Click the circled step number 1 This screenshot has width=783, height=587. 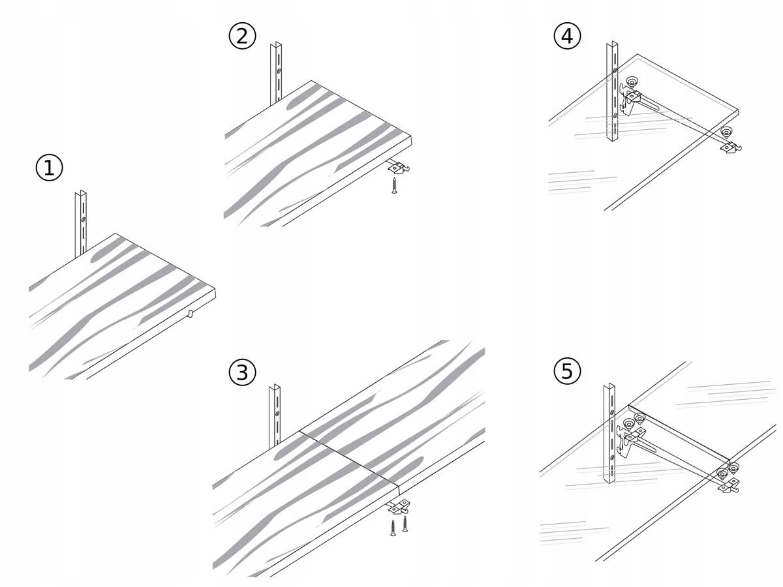point(49,168)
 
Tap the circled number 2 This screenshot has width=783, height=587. point(242,37)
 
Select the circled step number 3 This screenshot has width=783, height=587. point(242,372)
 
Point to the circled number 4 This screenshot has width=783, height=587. point(567,37)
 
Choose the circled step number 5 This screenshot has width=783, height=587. point(567,371)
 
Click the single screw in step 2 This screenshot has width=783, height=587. point(394,185)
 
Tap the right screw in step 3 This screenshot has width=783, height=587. point(405,523)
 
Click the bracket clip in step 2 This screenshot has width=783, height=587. point(397,168)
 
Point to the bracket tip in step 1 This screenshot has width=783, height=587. point(190,314)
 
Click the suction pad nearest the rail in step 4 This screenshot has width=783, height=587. point(632,82)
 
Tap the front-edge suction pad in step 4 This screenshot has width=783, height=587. point(727,133)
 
